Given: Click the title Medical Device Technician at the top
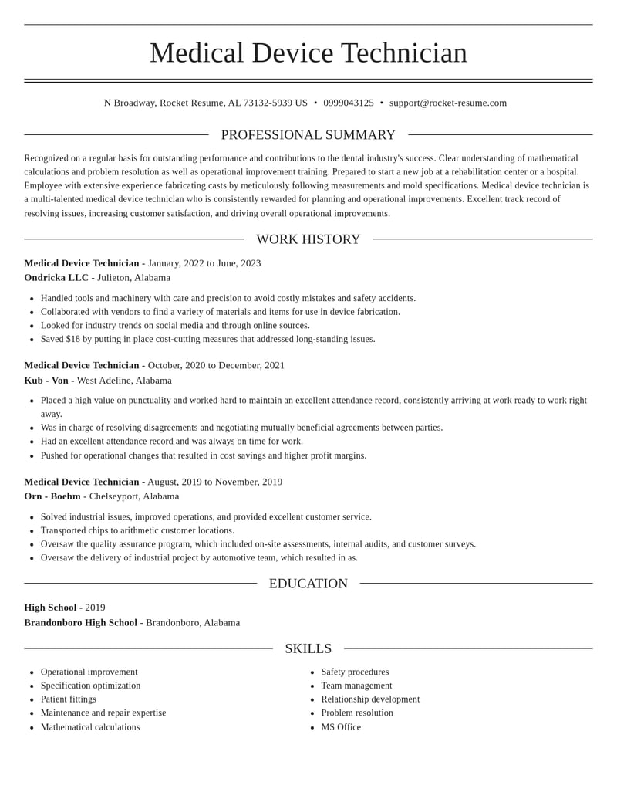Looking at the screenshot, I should coord(308,52).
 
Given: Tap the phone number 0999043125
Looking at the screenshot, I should coord(348,103).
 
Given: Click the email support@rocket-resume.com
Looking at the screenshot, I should coord(447,103).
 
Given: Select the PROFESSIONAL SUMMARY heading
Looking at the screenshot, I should coord(308,135).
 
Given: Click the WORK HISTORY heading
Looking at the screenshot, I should coord(308,239).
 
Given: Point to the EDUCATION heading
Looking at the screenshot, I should coord(308,584).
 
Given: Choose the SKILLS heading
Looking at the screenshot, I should coord(308,648).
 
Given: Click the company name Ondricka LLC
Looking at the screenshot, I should coord(56,278).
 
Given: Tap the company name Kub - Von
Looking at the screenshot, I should coord(46,381).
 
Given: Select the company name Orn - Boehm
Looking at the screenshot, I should coord(52,496).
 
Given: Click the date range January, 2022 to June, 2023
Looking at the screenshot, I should coord(204,263).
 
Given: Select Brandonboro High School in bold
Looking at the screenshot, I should coord(80,622).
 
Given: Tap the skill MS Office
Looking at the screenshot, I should coord(341,727).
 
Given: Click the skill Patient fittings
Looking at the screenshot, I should coord(69,699).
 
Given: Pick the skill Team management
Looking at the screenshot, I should coord(356,686).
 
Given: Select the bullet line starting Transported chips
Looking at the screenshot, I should coord(137,530).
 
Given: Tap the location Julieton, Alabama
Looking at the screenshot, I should coord(133,278).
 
